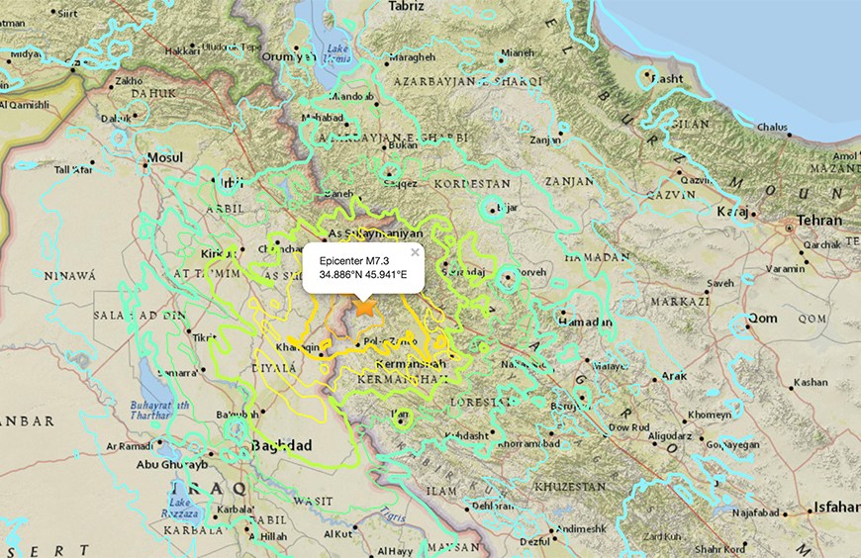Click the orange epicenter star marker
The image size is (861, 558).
point(365,308)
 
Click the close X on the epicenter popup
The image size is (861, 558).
point(415,252)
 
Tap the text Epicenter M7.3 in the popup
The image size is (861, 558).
point(346,259)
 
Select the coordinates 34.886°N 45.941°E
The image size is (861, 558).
point(362,275)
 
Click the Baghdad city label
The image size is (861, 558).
point(283,445)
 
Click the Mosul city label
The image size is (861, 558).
point(164,157)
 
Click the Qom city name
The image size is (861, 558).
point(762,318)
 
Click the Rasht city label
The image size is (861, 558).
point(668,79)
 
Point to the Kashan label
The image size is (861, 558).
point(811,382)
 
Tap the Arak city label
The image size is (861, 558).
point(674,376)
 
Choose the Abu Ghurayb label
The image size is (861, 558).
point(172,464)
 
